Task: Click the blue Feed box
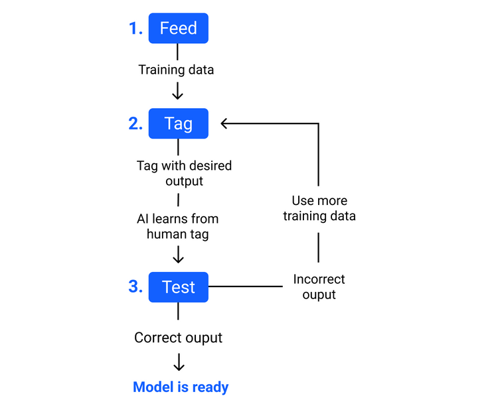pyautogui.click(x=178, y=29)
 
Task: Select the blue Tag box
pyautogui.click(x=178, y=123)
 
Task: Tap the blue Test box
pyautogui.click(x=178, y=287)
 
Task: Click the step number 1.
pyautogui.click(x=135, y=29)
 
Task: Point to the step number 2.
pyautogui.click(x=135, y=123)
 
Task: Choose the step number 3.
pyautogui.click(x=135, y=287)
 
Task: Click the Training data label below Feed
pyautogui.click(x=176, y=69)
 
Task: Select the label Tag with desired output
pyautogui.click(x=184, y=172)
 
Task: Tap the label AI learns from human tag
pyautogui.click(x=177, y=226)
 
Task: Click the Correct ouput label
pyautogui.click(x=178, y=338)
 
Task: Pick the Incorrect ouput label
pyautogui.click(x=319, y=287)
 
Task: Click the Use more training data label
pyautogui.click(x=319, y=208)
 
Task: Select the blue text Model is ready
pyautogui.click(x=181, y=387)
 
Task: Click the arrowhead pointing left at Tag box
pyautogui.click(x=225, y=123)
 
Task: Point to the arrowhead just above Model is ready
pyautogui.click(x=178, y=366)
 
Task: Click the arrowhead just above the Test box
pyautogui.click(x=178, y=258)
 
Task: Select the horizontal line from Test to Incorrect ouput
pyautogui.click(x=246, y=287)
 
